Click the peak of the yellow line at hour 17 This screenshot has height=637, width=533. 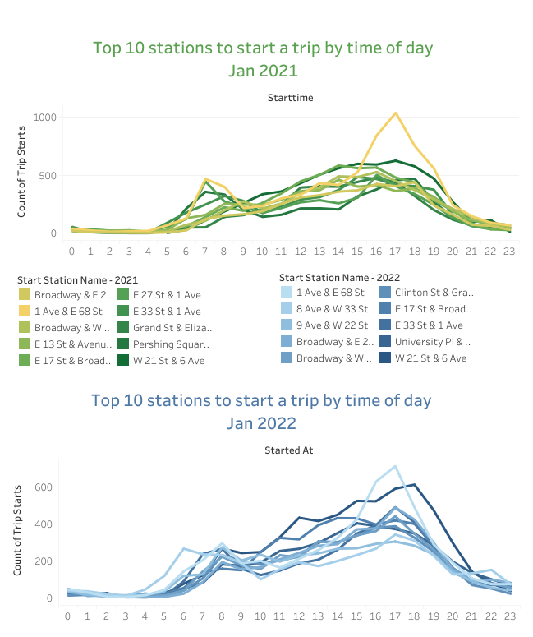[396, 113]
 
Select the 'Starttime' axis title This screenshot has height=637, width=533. [290, 98]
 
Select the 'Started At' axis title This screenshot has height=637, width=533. [289, 450]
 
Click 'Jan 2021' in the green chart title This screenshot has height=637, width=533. [263, 71]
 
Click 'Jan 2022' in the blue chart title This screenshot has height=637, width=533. [261, 423]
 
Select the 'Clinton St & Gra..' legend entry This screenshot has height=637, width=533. [434, 292]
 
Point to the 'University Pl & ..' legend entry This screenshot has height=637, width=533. [433, 341]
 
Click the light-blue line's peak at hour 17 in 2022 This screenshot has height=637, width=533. [396, 466]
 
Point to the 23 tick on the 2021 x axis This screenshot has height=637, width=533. [510, 252]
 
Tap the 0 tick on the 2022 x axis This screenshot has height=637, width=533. [71, 616]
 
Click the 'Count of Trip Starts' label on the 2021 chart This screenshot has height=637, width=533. [23, 176]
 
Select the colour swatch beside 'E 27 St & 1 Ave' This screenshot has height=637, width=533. [122, 294]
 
